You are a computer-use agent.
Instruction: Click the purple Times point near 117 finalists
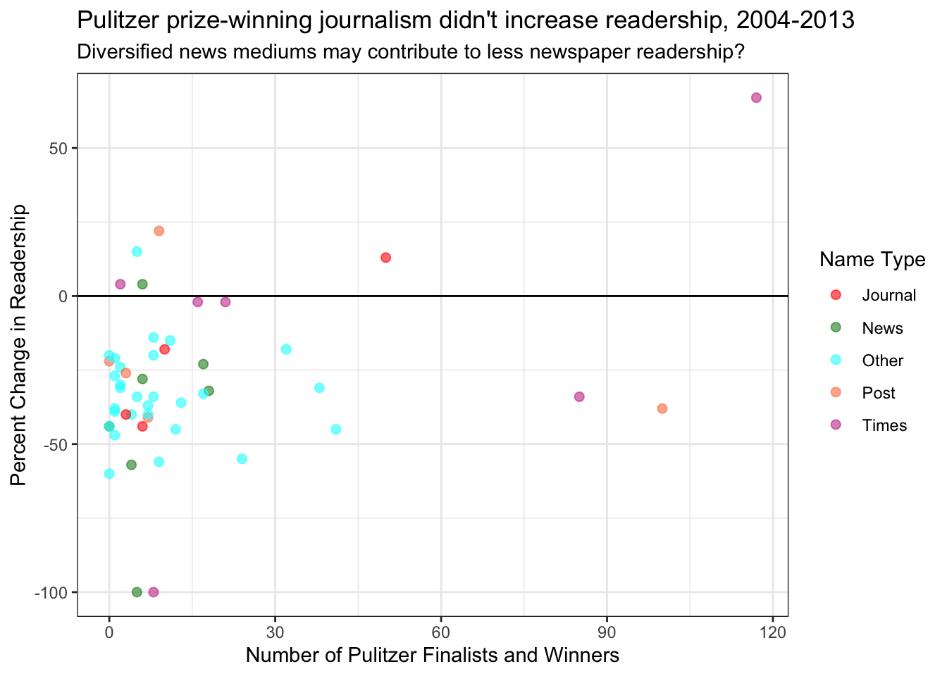click(x=756, y=98)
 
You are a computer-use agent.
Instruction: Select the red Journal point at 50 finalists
click(x=385, y=258)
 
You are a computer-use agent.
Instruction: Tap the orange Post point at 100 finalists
click(x=662, y=408)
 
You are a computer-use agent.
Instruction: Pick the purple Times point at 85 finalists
click(x=579, y=396)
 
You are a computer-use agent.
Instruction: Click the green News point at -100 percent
click(x=137, y=592)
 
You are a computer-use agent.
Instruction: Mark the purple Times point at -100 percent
click(x=154, y=592)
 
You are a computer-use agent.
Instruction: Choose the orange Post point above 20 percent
click(x=159, y=231)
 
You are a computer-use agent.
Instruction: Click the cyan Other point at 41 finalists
click(x=336, y=430)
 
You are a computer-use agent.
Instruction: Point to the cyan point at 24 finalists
click(x=242, y=459)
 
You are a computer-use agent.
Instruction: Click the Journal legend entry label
click(x=889, y=296)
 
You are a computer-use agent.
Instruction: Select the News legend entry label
click(x=882, y=328)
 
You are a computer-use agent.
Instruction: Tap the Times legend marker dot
click(x=836, y=425)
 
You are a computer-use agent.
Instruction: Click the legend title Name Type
click(x=872, y=260)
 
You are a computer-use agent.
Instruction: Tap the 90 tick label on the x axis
click(x=607, y=631)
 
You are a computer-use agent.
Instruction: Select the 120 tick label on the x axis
click(x=773, y=631)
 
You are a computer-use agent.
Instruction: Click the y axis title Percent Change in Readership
click(x=19, y=345)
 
